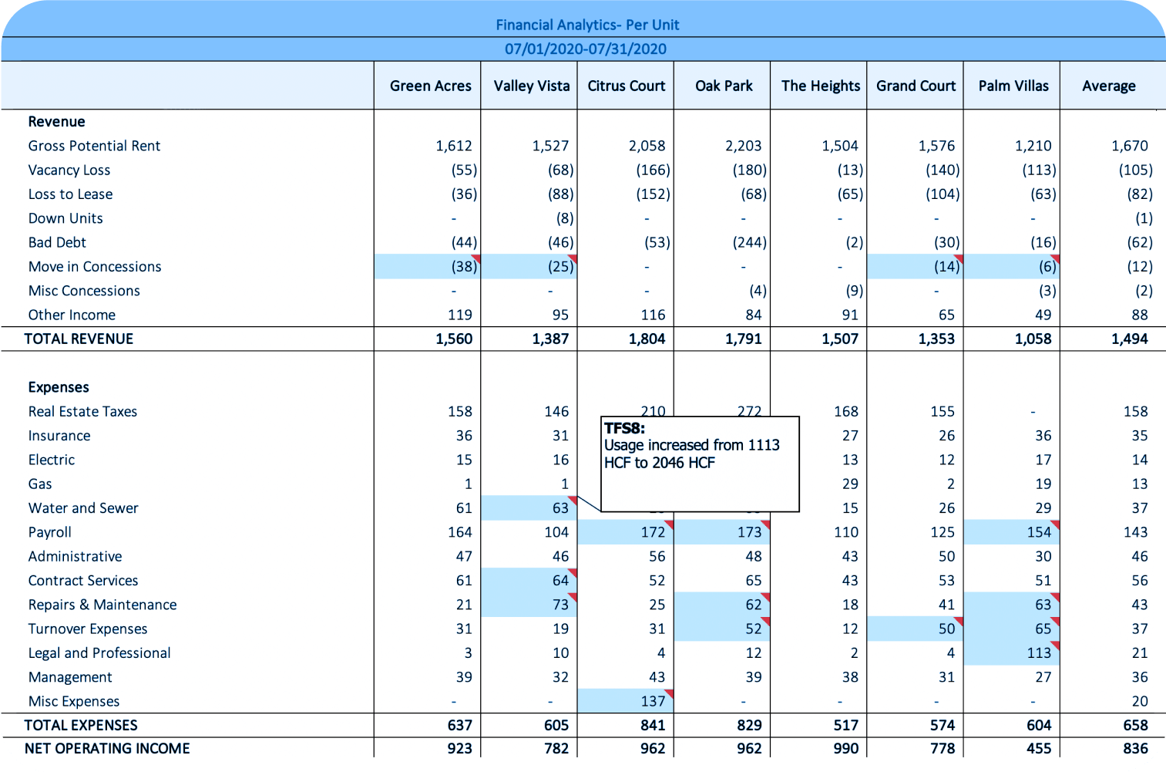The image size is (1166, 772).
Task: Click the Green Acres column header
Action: [430, 86]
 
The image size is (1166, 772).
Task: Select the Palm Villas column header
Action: [1013, 86]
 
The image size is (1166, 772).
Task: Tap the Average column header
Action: [1108, 86]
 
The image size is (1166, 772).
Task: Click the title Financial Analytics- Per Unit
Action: [587, 25]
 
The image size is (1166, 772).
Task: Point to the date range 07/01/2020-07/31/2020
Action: [586, 49]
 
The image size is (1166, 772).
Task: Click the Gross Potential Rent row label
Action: [94, 146]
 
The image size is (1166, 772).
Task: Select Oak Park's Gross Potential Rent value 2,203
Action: [743, 146]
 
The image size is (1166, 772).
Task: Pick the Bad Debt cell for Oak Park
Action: [749, 242]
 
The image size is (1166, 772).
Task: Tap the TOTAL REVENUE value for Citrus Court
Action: [647, 339]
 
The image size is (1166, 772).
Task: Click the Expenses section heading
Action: [59, 387]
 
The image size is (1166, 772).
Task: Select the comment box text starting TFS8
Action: [691, 446]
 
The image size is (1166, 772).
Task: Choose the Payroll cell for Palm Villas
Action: [1038, 532]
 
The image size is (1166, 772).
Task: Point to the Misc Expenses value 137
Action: [652, 701]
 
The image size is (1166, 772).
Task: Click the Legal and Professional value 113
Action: [1038, 653]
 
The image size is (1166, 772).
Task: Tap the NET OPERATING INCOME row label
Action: [107, 749]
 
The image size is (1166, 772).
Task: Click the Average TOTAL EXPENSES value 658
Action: [1135, 725]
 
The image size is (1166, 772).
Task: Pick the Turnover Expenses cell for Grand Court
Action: [946, 629]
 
